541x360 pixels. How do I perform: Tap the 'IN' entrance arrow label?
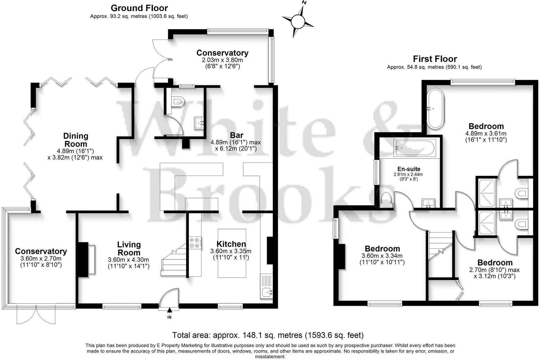pyautogui.click(x=169, y=317)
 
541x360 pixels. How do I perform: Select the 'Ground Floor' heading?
pyautogui.click(x=139, y=8)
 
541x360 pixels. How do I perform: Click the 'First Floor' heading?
pyautogui.click(x=435, y=59)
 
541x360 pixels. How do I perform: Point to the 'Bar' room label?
pyautogui.click(x=236, y=135)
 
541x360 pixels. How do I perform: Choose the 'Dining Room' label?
pyautogui.click(x=76, y=140)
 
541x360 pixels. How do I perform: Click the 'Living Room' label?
pyautogui.click(x=129, y=249)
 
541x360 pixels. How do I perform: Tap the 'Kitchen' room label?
pyautogui.click(x=231, y=244)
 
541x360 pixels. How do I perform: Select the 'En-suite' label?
pyautogui.click(x=409, y=169)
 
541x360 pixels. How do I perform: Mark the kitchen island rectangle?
pyautogui.click(x=232, y=253)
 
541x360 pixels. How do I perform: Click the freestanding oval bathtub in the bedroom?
pyautogui.click(x=435, y=109)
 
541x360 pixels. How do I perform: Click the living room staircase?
pyautogui.click(x=174, y=262)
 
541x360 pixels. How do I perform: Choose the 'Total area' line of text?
pyautogui.click(x=268, y=335)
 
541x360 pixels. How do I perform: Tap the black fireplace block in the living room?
pyautogui.click(x=83, y=259)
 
